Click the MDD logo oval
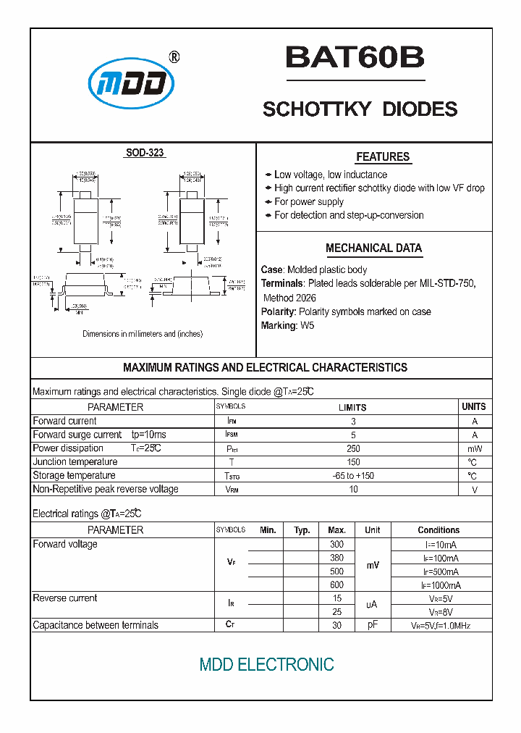(131, 86)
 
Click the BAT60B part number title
(355, 58)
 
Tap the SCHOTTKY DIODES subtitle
(360, 109)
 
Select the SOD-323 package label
(145, 153)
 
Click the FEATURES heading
(383, 157)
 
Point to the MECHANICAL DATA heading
(373, 248)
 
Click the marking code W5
(308, 326)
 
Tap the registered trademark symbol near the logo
(174, 57)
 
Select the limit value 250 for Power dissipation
(353, 449)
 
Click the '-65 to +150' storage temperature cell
(353, 476)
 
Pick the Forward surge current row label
(77, 435)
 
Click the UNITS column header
(474, 407)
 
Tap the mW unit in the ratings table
(474, 449)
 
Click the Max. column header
(336, 530)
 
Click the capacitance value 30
(336, 625)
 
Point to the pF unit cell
(372, 625)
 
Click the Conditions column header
(439, 530)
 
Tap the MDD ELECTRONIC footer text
(266, 665)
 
